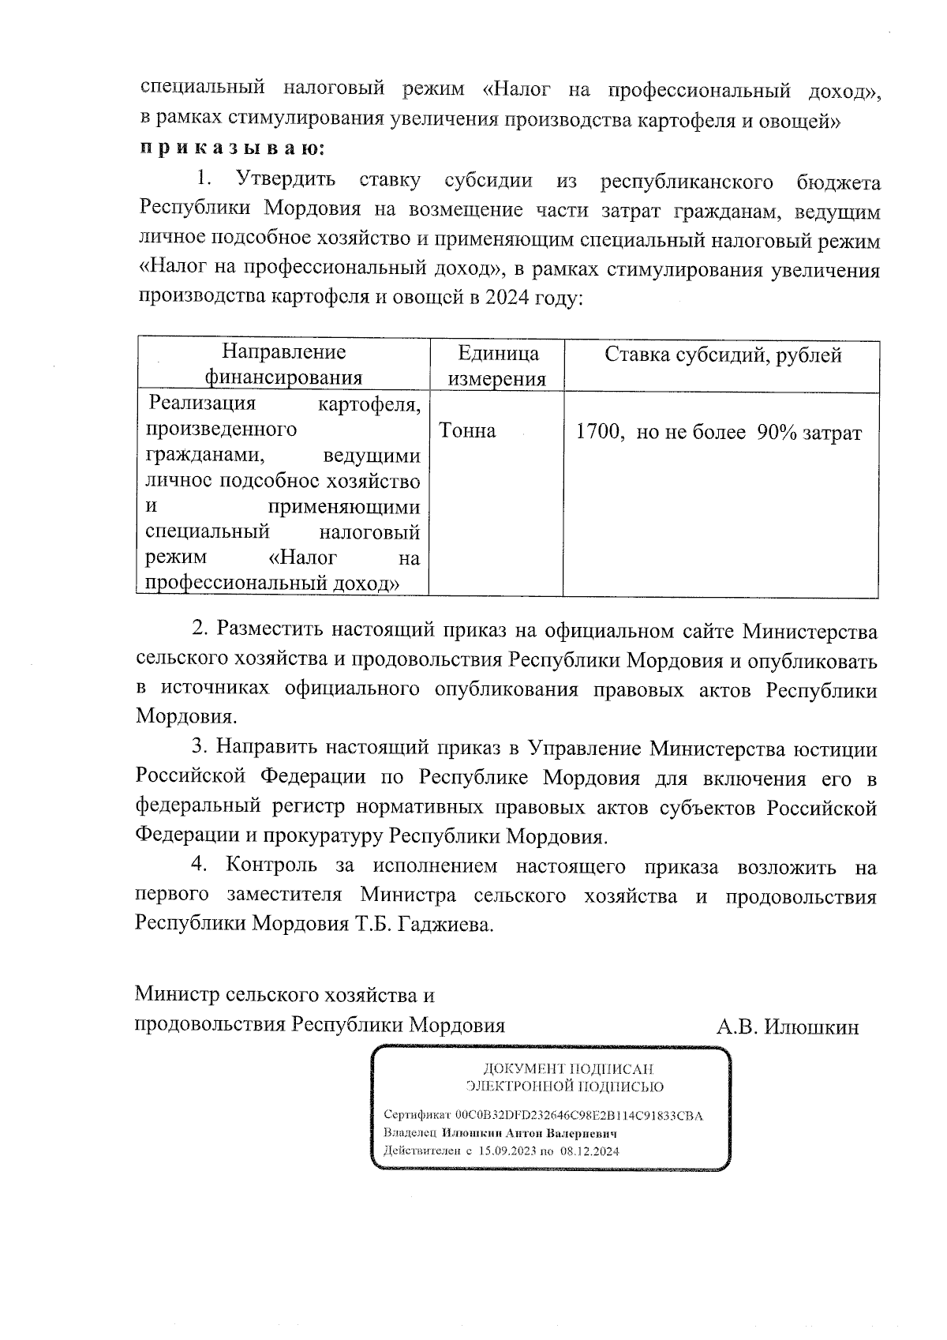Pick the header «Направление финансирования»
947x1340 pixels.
click(283, 365)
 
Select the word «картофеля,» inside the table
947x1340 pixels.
click(368, 404)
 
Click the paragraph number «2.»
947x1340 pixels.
click(201, 631)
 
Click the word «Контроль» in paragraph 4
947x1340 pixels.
click(271, 866)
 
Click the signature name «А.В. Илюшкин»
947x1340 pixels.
click(787, 1027)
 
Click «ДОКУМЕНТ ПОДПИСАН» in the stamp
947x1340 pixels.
click(567, 1069)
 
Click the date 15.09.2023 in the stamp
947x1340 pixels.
click(507, 1150)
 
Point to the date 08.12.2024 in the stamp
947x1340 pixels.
click(590, 1150)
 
